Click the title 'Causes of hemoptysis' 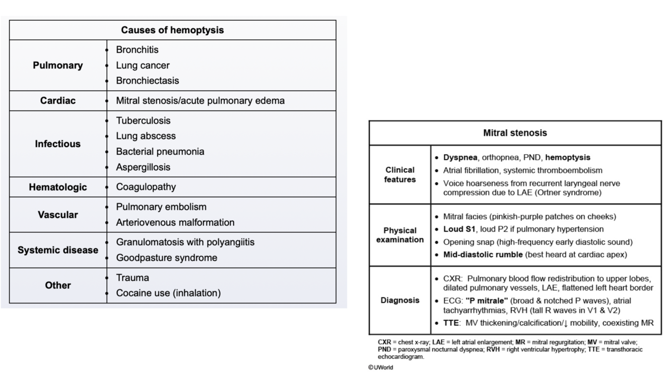[x=172, y=30]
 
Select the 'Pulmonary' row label [x=58, y=66]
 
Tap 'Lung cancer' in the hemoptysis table [x=143, y=66]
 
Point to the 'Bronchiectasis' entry [x=147, y=81]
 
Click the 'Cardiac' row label [x=58, y=101]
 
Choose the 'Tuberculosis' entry [x=143, y=120]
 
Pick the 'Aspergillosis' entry [x=143, y=167]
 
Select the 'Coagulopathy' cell [x=146, y=187]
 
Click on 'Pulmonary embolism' [x=161, y=207]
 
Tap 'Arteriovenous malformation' [x=175, y=222]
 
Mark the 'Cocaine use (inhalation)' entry [x=168, y=293]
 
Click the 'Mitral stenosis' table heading [x=515, y=133]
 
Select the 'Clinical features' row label [x=399, y=174]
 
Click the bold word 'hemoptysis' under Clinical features [x=568, y=158]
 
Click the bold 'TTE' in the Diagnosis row [x=451, y=323]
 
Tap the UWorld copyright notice [x=381, y=367]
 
